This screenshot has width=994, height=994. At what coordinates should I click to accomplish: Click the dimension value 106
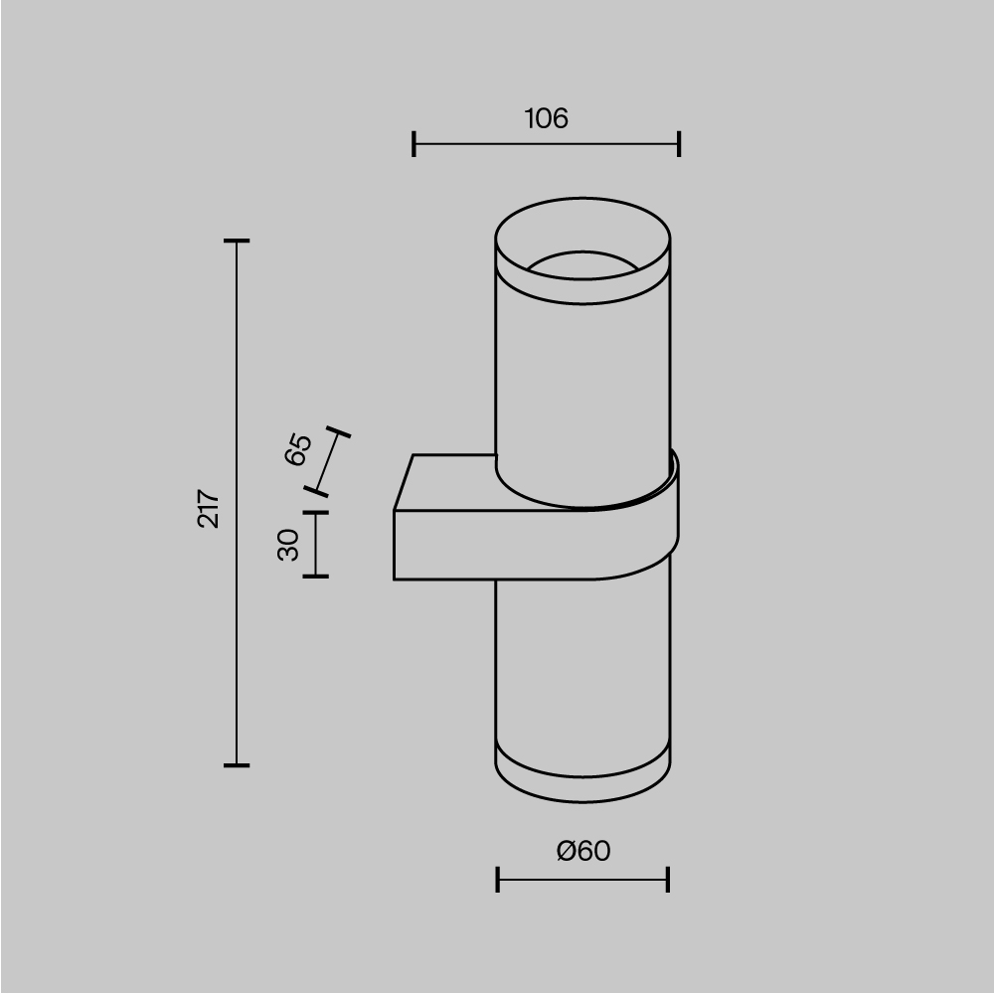tap(546, 119)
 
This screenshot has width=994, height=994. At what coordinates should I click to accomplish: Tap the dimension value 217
tap(209, 508)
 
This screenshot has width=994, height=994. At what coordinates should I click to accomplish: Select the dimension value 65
tap(298, 449)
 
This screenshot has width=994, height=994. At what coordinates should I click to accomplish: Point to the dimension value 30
tap(288, 545)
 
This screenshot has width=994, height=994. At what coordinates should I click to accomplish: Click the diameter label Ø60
tap(583, 851)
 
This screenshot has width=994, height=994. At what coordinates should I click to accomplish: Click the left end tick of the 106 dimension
tap(414, 144)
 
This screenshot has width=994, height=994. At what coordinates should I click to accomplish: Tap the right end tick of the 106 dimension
tap(679, 144)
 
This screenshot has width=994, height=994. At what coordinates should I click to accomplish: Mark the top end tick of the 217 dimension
tap(236, 241)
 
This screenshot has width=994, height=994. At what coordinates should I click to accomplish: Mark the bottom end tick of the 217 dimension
tap(236, 765)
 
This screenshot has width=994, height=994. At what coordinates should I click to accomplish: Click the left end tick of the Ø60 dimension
tap(497, 880)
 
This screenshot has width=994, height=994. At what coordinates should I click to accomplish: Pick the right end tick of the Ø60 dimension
tap(668, 880)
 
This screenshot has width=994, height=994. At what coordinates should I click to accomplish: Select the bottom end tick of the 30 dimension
tap(315, 577)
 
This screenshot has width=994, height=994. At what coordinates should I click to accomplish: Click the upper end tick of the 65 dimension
tap(339, 433)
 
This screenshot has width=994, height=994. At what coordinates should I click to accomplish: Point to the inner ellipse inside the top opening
tap(582, 263)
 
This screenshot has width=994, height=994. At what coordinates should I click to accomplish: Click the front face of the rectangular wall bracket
tap(497, 545)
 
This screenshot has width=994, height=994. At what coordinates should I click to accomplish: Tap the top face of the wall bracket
tap(447, 483)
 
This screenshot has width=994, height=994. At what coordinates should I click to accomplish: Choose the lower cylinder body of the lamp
tap(582, 666)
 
